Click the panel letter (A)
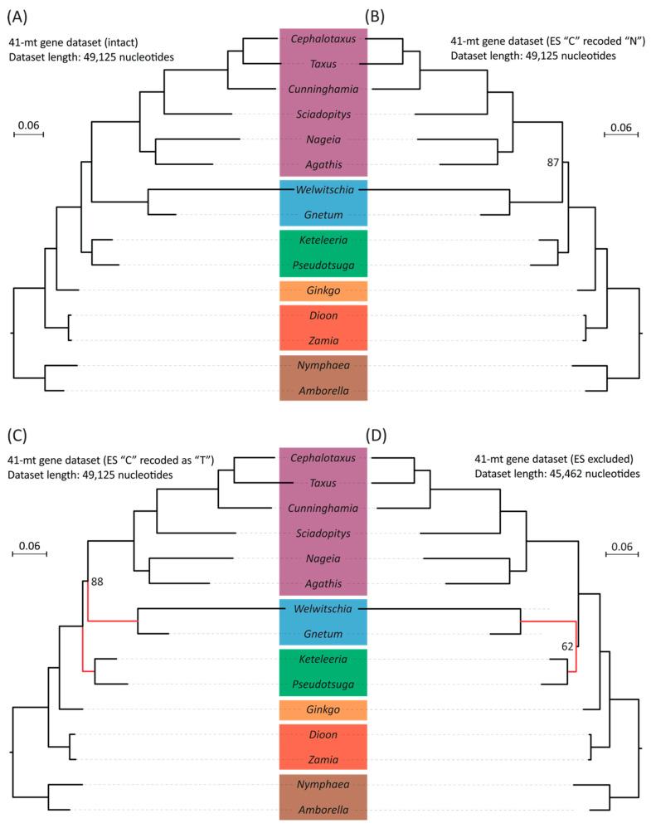coord(20,14)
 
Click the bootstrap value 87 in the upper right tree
coord(552,163)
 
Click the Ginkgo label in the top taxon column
coord(323,291)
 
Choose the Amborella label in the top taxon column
coord(323,389)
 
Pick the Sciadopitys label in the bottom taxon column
coord(323,532)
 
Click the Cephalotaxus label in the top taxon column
coord(323,38)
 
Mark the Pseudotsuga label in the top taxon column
coord(323,265)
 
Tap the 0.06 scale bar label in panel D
coord(620,547)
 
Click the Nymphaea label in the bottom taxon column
coord(323,784)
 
